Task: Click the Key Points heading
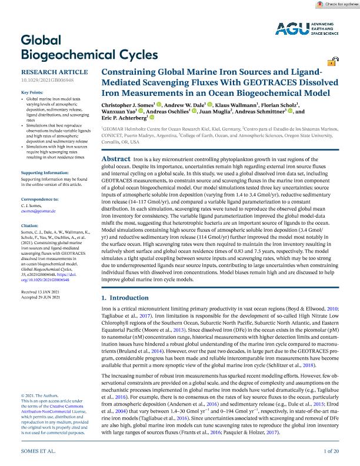32,93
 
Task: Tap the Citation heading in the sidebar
29,225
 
